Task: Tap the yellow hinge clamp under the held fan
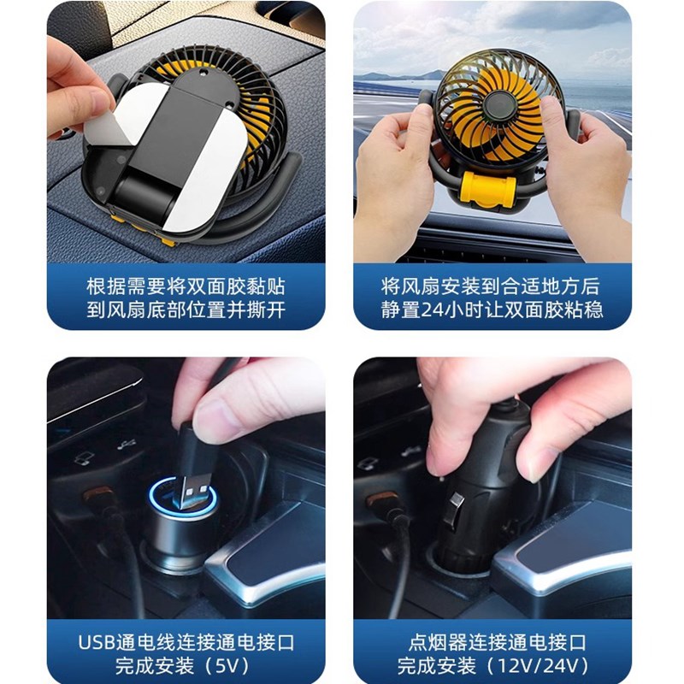[x=487, y=186]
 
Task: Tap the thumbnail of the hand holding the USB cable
[x=186, y=487]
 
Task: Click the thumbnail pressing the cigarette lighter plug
[x=492, y=487]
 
